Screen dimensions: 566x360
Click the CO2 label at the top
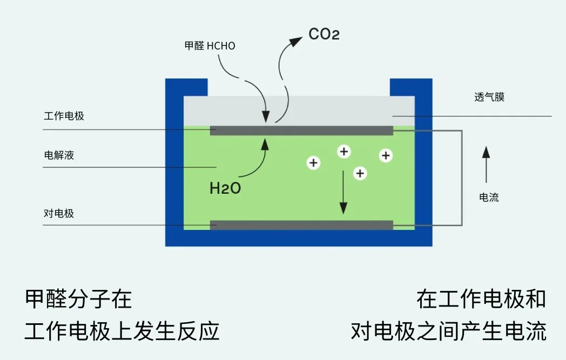coord(324,34)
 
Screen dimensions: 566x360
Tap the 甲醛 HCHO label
coord(210,46)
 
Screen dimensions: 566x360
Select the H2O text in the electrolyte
coord(225,188)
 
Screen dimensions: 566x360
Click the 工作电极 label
coord(64,116)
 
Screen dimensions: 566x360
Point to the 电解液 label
coord(59,155)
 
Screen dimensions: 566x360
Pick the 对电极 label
coord(59,213)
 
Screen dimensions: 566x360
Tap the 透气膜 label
coord(489,97)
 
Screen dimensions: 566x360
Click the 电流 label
coord(489,198)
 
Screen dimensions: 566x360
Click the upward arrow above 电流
coord(486,164)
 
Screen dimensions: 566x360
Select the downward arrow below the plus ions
coord(343,193)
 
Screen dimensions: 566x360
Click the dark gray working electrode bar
coord(301,131)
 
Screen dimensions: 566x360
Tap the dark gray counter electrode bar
coord(301,225)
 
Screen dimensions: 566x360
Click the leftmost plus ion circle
coord(313,162)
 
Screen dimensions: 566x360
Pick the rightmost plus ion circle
coord(386,155)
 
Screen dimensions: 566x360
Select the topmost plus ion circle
coord(344,151)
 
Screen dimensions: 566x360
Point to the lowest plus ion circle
coord(360,173)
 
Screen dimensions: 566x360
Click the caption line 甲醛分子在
coord(78,299)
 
